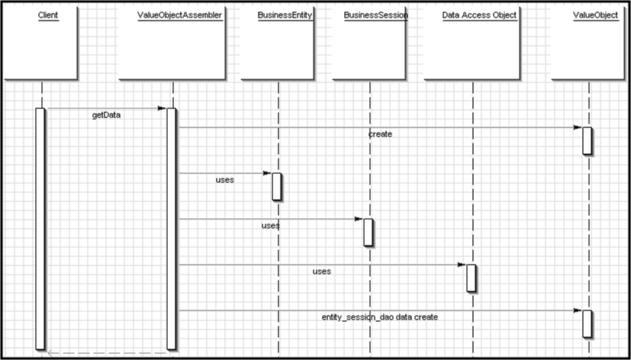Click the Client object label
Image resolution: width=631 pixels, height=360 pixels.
pyautogui.click(x=48, y=15)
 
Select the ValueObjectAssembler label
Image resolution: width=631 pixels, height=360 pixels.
pyautogui.click(x=179, y=15)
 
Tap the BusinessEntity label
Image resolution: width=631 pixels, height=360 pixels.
pyautogui.click(x=285, y=15)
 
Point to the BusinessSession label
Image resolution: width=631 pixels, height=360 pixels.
pyautogui.click(x=376, y=15)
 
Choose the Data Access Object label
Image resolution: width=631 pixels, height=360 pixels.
pyautogui.click(x=479, y=15)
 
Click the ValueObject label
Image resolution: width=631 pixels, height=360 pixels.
pyautogui.click(x=596, y=15)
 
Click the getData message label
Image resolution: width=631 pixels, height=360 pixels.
pyautogui.click(x=106, y=115)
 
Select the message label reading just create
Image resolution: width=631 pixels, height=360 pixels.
pyautogui.click(x=380, y=134)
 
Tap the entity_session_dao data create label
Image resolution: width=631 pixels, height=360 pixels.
pyautogui.click(x=380, y=317)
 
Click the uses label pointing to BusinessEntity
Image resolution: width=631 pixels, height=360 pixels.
pyautogui.click(x=225, y=180)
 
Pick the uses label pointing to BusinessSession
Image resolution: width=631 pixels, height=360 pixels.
pyautogui.click(x=270, y=226)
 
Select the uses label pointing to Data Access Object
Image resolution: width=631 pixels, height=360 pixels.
pyautogui.click(x=322, y=272)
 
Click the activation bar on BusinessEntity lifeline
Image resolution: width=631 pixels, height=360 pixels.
pyautogui.click(x=276, y=186)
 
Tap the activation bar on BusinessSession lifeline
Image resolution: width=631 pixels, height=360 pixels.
pyautogui.click(x=369, y=232)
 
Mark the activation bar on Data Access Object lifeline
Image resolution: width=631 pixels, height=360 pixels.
pyautogui.click(x=472, y=278)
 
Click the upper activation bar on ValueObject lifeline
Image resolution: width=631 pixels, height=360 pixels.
pyautogui.click(x=588, y=140)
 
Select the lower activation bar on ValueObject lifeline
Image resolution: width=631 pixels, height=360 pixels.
pyautogui.click(x=588, y=324)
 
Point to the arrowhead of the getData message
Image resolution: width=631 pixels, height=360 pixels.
pyautogui.click(x=162, y=108)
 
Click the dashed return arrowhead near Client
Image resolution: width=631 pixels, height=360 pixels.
pyautogui.click(x=50, y=353)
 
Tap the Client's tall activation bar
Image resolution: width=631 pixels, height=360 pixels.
pyautogui.click(x=40, y=229)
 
